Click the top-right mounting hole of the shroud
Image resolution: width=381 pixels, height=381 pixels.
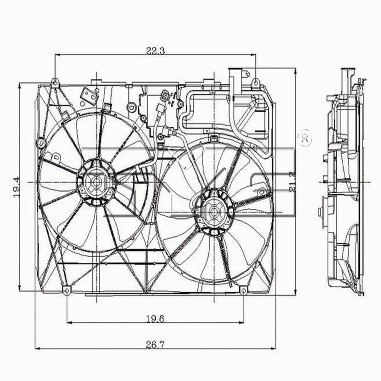pos(256,80)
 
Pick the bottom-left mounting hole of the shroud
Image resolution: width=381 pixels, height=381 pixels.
pos(67,291)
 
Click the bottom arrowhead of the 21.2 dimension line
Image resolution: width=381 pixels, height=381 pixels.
pos(296,292)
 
